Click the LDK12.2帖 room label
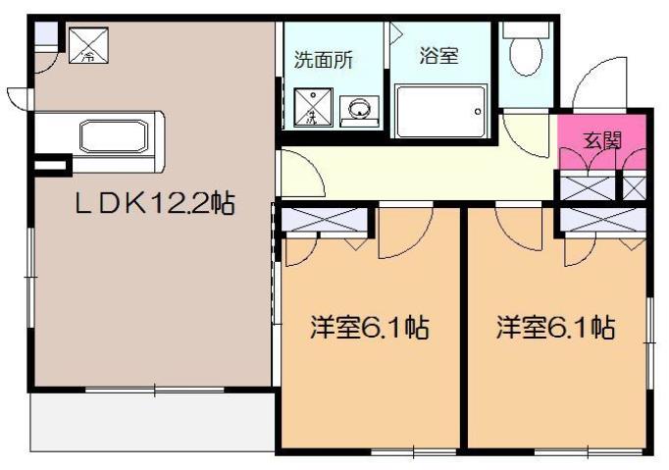155,204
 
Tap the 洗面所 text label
324,59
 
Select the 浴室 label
437,56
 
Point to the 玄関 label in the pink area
602,139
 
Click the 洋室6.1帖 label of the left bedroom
369,327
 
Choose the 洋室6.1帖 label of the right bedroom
554,327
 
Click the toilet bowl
525,54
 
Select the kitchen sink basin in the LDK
114,134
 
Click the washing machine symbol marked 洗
312,109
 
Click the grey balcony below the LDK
147,422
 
